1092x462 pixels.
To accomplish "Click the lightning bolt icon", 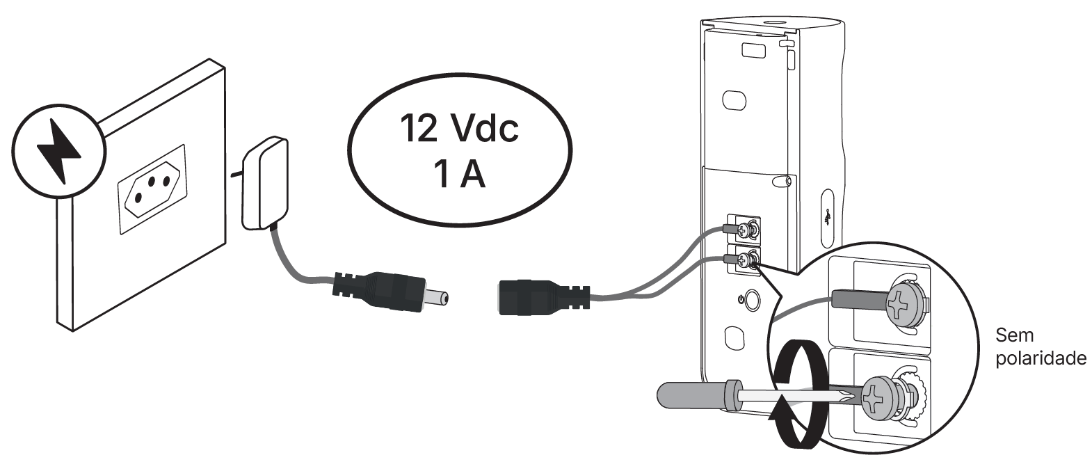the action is tap(59, 151).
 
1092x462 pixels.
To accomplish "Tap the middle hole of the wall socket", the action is tap(152, 182).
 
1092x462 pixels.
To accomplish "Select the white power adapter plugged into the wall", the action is tap(265, 184).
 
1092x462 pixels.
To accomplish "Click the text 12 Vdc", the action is tap(459, 129).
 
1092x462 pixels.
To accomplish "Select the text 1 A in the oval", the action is tap(459, 175).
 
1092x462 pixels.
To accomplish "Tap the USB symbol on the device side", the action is tap(827, 217).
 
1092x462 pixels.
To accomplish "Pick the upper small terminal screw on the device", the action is tap(745, 230).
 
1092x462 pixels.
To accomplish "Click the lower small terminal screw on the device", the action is tap(744, 260).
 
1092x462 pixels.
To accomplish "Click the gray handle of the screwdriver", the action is tap(691, 395).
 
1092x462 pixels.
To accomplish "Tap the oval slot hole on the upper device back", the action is tap(734, 99).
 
